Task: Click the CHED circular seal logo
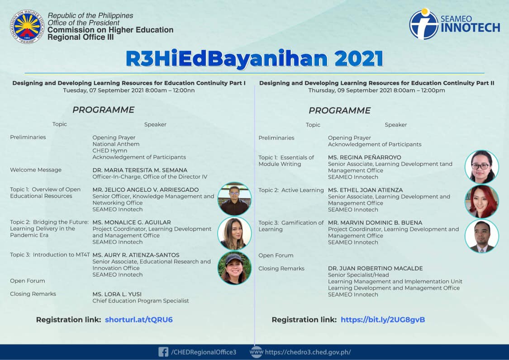pyautogui.click(x=27, y=26)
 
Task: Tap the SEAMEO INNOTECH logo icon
pyautogui.click(x=424, y=24)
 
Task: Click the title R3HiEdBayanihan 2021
pyautogui.click(x=254, y=59)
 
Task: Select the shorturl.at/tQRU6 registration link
pyautogui.click(x=138, y=320)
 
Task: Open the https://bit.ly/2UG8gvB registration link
pyautogui.click(x=383, y=320)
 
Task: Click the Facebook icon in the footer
pyautogui.click(x=163, y=352)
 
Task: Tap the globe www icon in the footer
pyautogui.click(x=256, y=352)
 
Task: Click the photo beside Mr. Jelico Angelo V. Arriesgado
pyautogui.click(x=234, y=199)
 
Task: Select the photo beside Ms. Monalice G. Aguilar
pyautogui.click(x=234, y=233)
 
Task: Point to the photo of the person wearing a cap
pyautogui.click(x=234, y=268)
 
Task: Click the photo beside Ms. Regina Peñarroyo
pyautogui.click(x=482, y=167)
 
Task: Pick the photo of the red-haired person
pyautogui.click(x=482, y=201)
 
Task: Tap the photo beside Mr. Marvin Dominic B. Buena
pyautogui.click(x=482, y=236)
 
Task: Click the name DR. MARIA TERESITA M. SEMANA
pyautogui.click(x=140, y=170)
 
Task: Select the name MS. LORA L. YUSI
pyautogui.click(x=117, y=294)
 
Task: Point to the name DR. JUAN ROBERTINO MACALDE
pyautogui.click(x=375, y=269)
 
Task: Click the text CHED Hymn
pyautogui.click(x=110, y=151)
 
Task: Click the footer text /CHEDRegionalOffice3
pyautogui.click(x=204, y=352)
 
